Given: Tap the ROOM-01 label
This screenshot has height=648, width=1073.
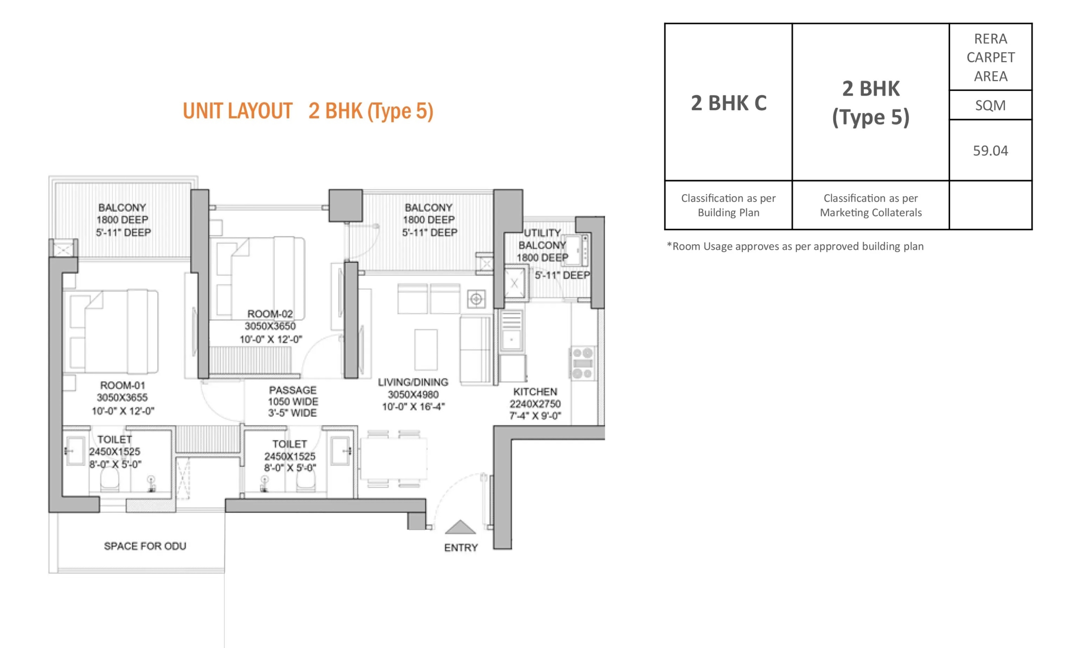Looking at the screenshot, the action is (x=122, y=385).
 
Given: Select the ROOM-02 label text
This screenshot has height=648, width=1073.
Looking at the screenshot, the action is (x=270, y=314).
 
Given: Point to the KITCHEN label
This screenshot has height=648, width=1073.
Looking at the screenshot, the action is (x=535, y=391).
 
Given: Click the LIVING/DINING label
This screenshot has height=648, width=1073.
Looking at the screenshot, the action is (x=413, y=382).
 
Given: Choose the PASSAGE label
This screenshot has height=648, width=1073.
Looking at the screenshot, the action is (x=293, y=390).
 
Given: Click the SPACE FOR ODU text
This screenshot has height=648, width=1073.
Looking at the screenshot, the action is (x=145, y=546).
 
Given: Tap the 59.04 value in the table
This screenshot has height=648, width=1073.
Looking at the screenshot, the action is (x=990, y=150).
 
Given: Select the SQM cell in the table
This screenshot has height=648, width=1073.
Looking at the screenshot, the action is (x=990, y=105).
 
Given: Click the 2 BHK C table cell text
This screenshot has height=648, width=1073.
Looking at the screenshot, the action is (x=728, y=103).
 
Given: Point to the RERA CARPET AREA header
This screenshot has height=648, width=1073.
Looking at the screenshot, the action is (x=991, y=57).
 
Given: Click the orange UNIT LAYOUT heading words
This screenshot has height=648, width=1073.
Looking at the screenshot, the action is (x=237, y=111).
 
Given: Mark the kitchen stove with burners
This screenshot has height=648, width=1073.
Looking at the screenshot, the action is (x=583, y=363).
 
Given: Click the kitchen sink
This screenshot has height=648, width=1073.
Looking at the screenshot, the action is (x=512, y=331).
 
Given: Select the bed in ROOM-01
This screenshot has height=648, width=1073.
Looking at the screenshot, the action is (x=111, y=332).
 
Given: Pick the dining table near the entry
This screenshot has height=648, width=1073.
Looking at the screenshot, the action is (x=393, y=459).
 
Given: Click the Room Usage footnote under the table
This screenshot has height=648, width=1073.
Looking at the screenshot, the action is (x=795, y=246).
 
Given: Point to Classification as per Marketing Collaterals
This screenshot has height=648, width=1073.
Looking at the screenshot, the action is (x=871, y=205).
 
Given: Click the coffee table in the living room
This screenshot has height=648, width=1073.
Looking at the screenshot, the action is (x=425, y=350).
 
